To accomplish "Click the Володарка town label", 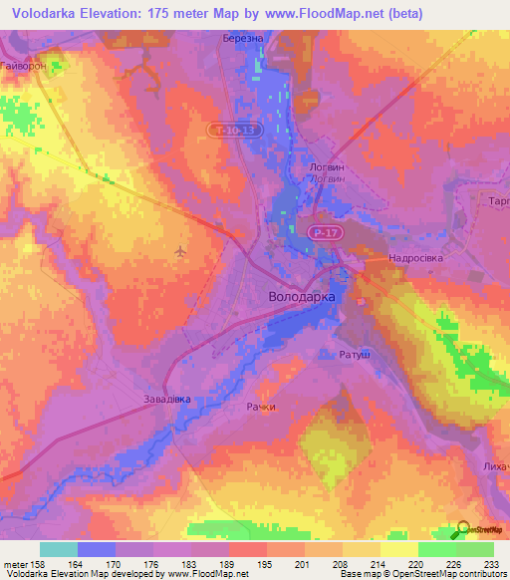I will point(302,297).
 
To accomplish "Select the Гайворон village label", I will point(25,65).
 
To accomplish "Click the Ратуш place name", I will point(342,354).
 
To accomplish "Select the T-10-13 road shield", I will point(236,130).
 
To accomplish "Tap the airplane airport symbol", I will point(179,250).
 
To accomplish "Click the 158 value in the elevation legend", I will point(59,563).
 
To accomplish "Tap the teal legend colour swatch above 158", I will point(59,549).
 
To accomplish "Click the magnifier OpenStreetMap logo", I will point(464,530).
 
